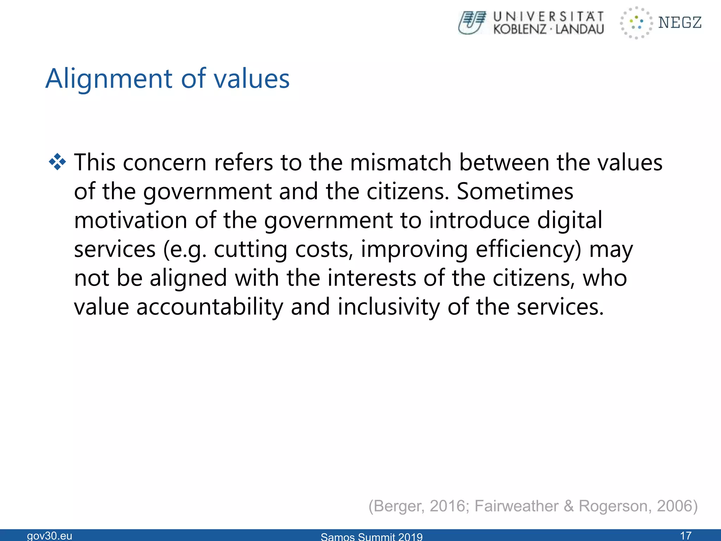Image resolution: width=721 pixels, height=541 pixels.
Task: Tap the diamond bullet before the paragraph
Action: (x=57, y=162)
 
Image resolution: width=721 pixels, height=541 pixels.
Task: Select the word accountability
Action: (x=209, y=307)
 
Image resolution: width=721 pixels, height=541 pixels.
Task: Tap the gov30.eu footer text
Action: (x=50, y=536)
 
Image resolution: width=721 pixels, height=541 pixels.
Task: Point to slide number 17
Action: (x=686, y=536)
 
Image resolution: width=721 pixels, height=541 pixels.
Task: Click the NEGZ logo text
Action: (x=680, y=23)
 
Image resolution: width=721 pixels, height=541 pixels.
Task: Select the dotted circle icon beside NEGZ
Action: (x=636, y=23)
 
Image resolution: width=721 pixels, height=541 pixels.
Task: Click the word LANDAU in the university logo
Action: (x=579, y=29)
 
